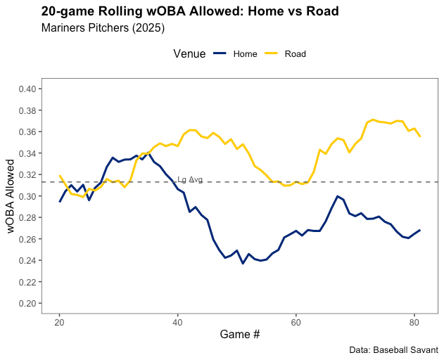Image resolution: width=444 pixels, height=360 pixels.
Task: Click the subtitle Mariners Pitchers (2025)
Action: click(103, 29)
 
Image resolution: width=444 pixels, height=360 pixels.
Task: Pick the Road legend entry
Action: click(295, 53)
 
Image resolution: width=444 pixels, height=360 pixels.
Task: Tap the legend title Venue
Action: click(189, 53)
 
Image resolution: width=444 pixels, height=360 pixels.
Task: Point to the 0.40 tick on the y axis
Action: click(28, 89)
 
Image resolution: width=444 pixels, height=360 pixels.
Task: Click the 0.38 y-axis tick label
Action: click(28, 110)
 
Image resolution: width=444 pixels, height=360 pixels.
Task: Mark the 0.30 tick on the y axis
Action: click(28, 196)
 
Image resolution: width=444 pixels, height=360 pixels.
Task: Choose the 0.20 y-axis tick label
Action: click(28, 303)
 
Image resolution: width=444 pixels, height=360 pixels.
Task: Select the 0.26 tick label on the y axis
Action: click(28, 239)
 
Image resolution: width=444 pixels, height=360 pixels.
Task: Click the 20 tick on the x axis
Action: click(60, 323)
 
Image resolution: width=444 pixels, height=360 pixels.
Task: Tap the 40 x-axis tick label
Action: click(178, 323)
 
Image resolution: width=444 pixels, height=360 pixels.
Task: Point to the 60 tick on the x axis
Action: click(296, 323)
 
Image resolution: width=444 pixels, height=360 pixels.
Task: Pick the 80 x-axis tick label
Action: click(414, 323)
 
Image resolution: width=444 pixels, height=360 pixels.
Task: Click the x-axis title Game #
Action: click(240, 335)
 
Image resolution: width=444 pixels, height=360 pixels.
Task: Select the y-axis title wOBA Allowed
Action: click(11, 200)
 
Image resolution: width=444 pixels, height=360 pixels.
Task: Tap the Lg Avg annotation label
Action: click(190, 179)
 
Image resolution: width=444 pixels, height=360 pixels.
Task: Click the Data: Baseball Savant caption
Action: click(393, 349)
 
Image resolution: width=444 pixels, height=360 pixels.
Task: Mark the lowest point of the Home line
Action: click(243, 264)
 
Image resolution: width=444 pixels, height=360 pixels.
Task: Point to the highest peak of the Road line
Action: click(373, 120)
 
